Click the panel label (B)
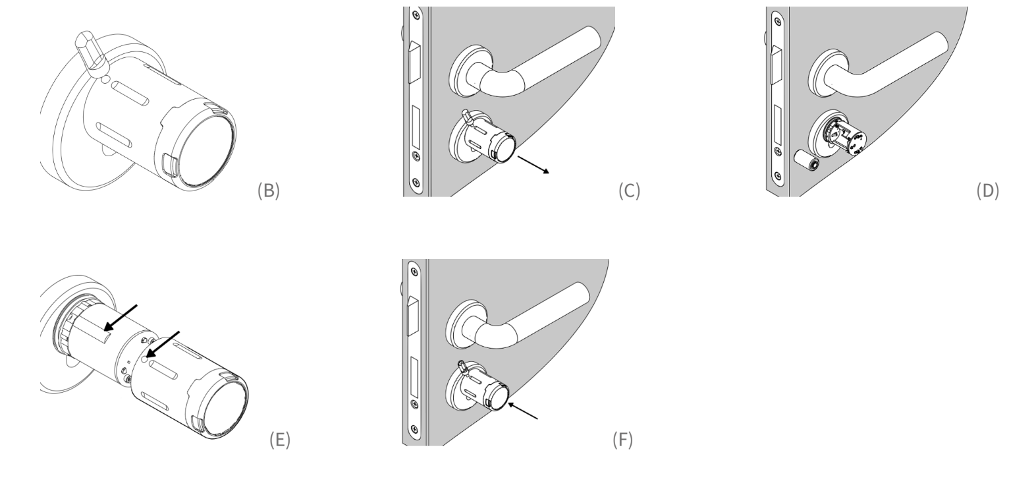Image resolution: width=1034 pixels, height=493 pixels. click(x=268, y=191)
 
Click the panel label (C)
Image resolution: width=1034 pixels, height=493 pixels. click(x=629, y=191)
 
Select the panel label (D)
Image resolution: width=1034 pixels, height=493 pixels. click(x=988, y=191)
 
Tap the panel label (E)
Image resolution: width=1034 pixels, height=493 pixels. click(x=280, y=440)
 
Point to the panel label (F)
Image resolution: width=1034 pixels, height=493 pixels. click(x=622, y=440)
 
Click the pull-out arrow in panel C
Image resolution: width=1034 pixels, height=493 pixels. click(x=533, y=165)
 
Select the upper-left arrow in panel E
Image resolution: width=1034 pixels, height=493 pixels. click(x=121, y=318)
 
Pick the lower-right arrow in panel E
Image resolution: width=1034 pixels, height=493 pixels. click(x=162, y=345)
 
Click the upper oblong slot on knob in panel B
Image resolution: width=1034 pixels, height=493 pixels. click(x=131, y=94)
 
